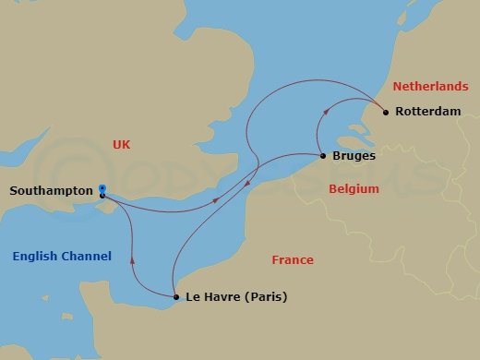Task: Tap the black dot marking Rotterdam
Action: [385, 113]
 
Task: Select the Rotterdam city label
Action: [427, 113]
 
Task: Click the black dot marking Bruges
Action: [321, 156]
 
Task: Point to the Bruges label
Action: [353, 156]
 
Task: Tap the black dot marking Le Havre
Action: [176, 297]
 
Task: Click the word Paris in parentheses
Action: [263, 297]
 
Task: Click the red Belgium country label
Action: [354, 188]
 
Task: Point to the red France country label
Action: [292, 260]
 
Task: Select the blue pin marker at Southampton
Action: [102, 186]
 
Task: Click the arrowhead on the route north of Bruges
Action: [323, 112]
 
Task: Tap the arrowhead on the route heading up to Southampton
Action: [134, 258]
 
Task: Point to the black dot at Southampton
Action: [102, 195]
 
